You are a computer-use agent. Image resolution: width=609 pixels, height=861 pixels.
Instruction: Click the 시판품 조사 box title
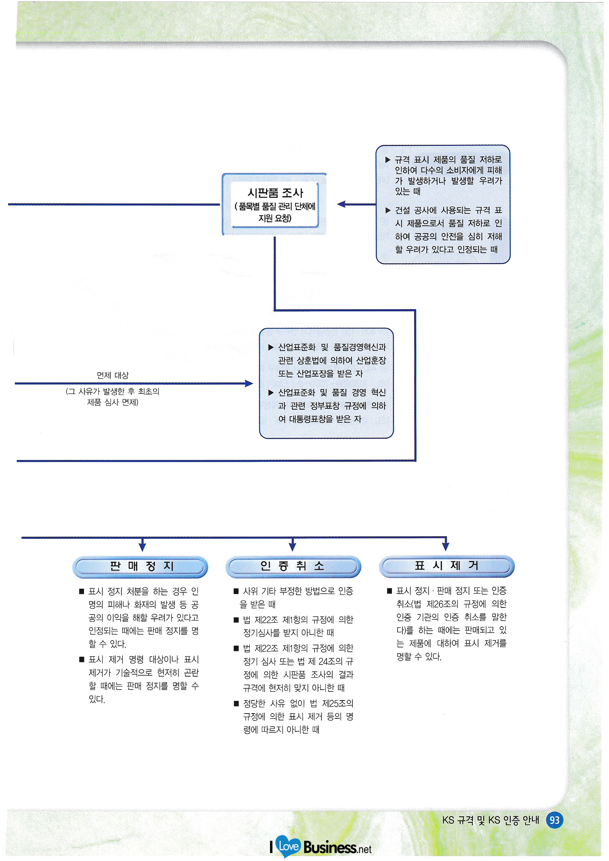point(275,193)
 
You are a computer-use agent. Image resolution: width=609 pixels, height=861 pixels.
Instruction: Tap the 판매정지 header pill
point(140,567)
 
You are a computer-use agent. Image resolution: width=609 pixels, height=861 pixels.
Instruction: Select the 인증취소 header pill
point(293,567)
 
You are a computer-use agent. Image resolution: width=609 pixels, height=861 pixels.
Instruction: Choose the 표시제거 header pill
point(447,566)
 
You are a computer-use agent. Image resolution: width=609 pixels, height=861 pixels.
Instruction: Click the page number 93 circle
point(555,820)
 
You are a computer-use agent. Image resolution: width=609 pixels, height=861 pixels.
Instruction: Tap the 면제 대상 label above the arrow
point(113,375)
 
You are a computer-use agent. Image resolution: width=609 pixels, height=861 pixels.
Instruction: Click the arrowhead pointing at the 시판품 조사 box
point(341,204)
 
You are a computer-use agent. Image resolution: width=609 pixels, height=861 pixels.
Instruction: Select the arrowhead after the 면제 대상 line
point(249,384)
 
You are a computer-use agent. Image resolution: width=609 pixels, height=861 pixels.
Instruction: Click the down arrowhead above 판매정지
point(142,546)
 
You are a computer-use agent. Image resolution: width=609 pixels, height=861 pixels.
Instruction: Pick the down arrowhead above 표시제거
point(445,546)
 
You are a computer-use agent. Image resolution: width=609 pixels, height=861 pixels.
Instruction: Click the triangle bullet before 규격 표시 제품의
point(388,160)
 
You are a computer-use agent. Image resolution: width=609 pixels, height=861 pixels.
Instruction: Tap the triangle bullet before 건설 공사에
point(388,210)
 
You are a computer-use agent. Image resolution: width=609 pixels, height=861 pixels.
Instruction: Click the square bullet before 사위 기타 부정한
point(236,591)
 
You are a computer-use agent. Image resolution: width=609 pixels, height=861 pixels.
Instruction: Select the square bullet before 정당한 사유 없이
point(236,704)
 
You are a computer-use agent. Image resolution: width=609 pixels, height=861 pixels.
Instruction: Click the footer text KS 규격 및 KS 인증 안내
point(490,820)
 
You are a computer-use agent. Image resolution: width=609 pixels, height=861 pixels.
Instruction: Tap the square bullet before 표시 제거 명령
point(81,660)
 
